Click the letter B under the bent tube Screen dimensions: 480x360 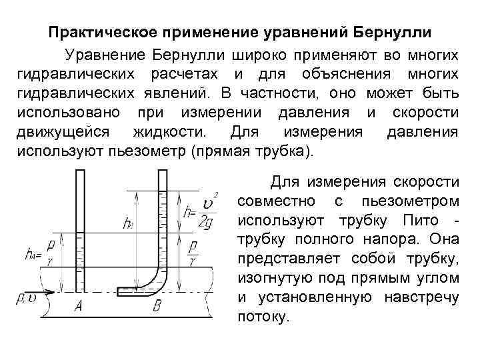[x=157, y=307]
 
